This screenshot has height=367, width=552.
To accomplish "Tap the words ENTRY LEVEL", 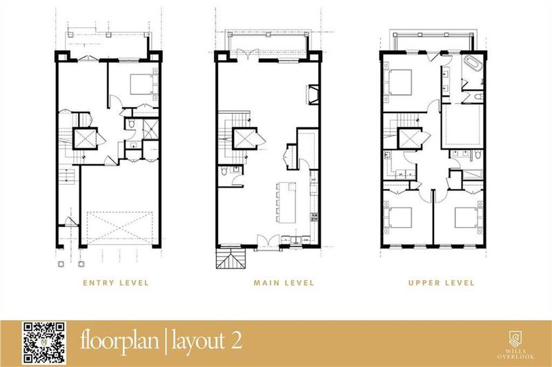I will click(x=114, y=283).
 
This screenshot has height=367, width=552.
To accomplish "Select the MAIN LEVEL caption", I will click(x=283, y=283).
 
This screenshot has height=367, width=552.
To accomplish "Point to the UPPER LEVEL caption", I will click(x=442, y=283).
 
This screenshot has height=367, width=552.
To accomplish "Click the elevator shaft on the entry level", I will click(x=86, y=140).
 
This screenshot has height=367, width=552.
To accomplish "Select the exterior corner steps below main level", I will click(x=228, y=259).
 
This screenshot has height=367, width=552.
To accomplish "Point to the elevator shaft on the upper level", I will click(x=412, y=140).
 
